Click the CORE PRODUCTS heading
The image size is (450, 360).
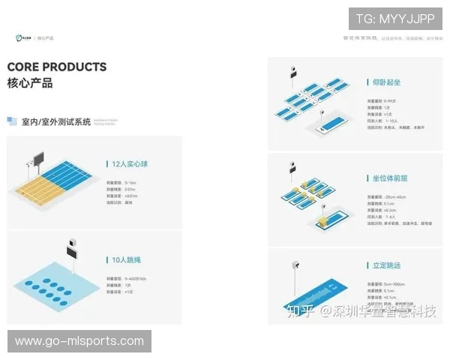click(x=56, y=67)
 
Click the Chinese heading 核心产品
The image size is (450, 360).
click(x=29, y=82)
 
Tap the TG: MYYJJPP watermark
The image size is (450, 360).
click(x=394, y=19)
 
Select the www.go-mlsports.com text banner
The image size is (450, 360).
click(x=79, y=341)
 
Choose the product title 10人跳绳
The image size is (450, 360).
click(x=126, y=259)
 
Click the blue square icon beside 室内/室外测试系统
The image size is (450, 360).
click(x=11, y=120)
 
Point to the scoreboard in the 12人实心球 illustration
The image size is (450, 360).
click(x=35, y=160)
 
